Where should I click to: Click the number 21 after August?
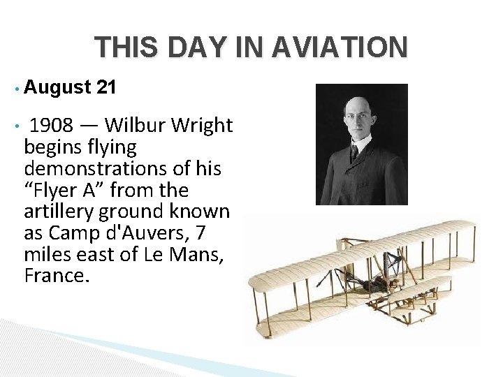(x=106, y=87)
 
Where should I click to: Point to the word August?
(x=57, y=87)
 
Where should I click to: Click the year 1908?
(x=51, y=126)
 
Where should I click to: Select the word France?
(x=57, y=276)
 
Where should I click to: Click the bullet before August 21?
(x=15, y=89)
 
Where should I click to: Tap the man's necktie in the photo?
(x=355, y=151)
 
